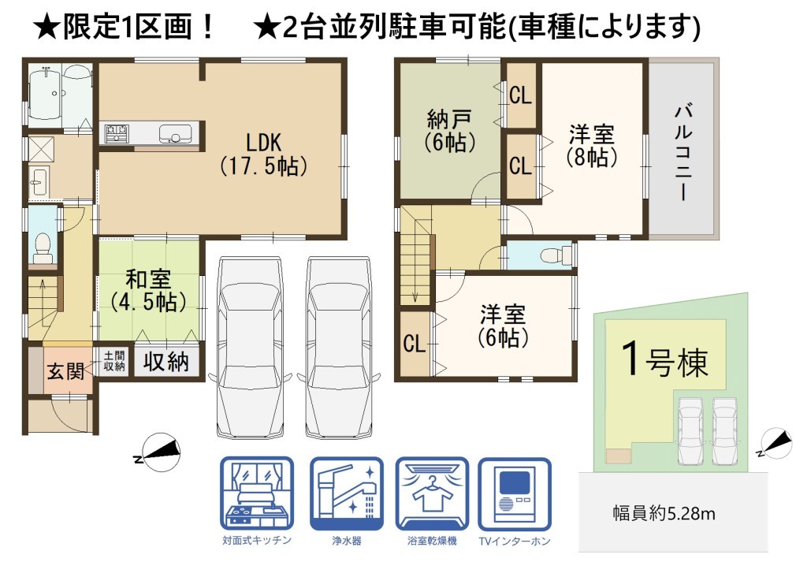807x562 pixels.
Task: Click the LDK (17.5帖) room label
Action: pos(263,154)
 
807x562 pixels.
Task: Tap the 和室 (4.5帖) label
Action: pos(148,291)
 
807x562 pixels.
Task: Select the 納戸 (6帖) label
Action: pos(449,131)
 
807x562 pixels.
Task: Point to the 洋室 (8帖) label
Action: pos(591,146)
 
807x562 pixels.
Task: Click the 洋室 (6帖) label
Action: pos(503,326)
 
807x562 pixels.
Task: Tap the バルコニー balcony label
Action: pos(683,152)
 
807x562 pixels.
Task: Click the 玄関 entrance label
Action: pos(66,370)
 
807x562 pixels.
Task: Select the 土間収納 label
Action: pos(113,361)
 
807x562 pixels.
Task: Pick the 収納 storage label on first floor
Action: pos(165,362)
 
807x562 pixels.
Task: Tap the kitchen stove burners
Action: pos(117,134)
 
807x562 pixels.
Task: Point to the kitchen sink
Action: pos(175,134)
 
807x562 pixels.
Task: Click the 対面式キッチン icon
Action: pos(257,494)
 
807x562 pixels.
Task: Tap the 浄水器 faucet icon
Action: pos(347,494)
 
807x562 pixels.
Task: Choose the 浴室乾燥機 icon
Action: pos(432,494)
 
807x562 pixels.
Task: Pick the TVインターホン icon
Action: pos(515,494)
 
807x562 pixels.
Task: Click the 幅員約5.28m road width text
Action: pos(664,513)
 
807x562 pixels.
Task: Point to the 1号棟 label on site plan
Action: pos(664,359)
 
